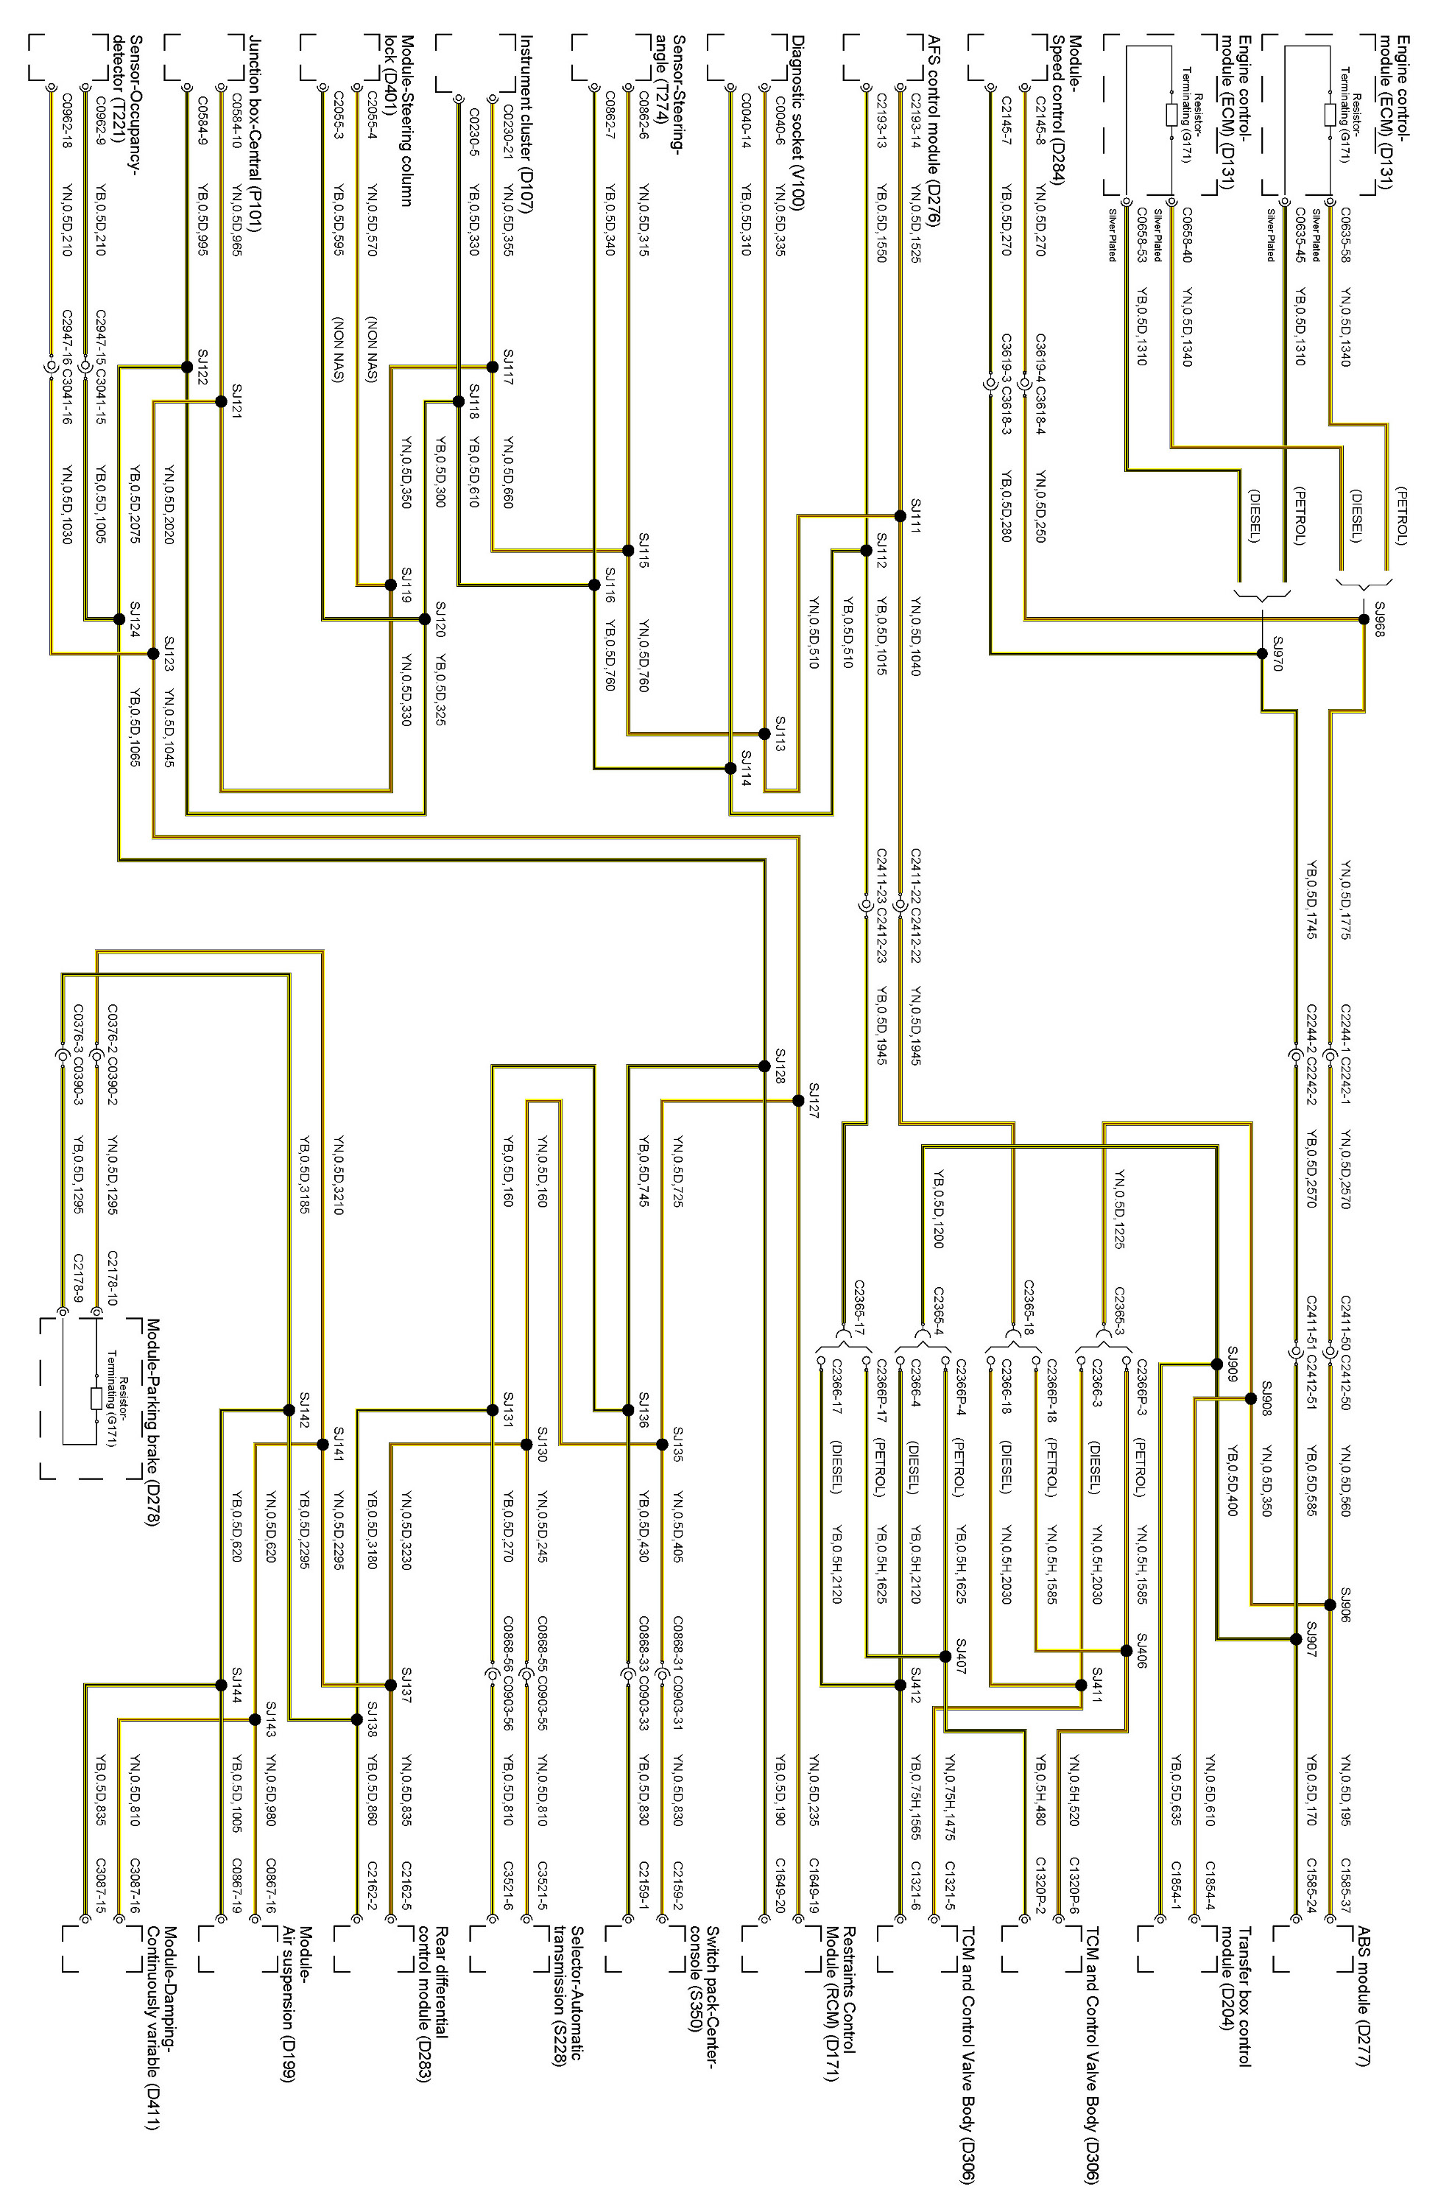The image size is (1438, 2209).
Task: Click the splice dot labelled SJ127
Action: [x=797, y=1101]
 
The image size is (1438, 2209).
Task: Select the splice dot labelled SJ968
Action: [x=1363, y=619]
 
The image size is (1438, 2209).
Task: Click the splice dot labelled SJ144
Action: [x=221, y=1685]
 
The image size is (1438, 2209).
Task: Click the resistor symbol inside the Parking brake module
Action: [x=96, y=1400]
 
